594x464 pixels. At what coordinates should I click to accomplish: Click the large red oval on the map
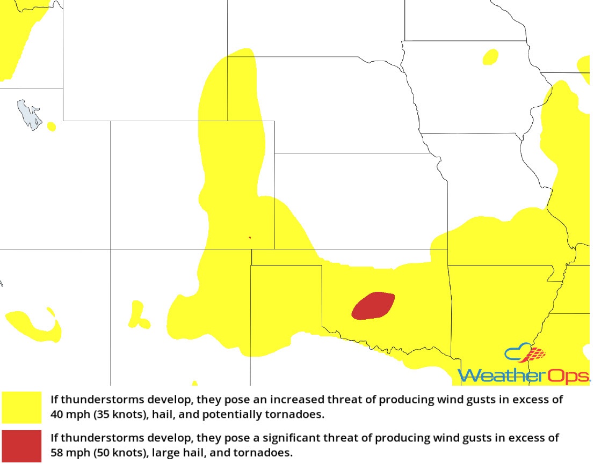pyautogui.click(x=373, y=306)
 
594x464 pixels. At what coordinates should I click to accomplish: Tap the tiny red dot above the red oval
pyautogui.click(x=250, y=237)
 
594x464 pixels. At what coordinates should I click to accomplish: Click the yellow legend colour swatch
pyautogui.click(x=21, y=407)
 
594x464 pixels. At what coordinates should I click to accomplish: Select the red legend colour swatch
pyautogui.click(x=21, y=445)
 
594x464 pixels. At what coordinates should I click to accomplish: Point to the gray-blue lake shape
pyautogui.click(x=29, y=114)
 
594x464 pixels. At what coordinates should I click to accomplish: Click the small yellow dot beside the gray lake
pyautogui.click(x=51, y=127)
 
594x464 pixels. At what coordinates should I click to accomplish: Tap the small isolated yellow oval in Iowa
pyautogui.click(x=490, y=56)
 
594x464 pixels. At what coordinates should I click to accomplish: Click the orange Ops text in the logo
pyautogui.click(x=567, y=375)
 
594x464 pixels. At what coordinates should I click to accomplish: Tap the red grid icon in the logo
pyautogui.click(x=536, y=354)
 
